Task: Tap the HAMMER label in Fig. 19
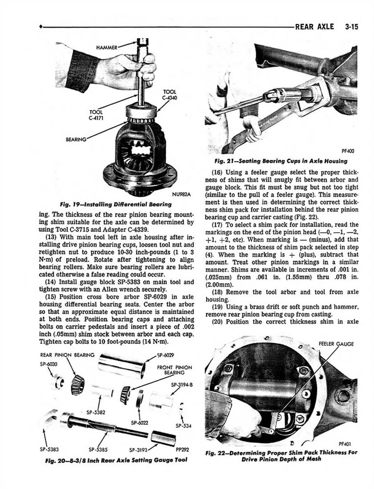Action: point(107,47)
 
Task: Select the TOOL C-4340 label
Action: point(169,95)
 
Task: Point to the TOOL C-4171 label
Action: point(97,116)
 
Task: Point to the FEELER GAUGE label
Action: point(336,344)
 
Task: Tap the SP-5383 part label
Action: point(49,450)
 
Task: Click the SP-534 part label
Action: point(184,426)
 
